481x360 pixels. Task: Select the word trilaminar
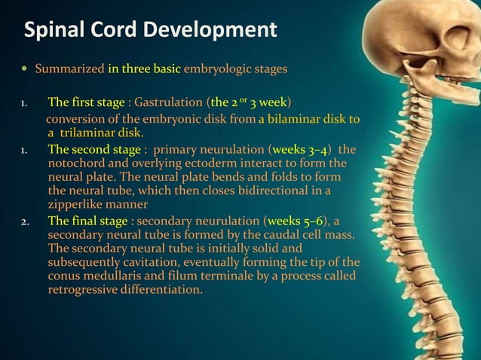pyautogui.click(x=100, y=133)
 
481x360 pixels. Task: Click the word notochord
pyautogui.click(x=78, y=163)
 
